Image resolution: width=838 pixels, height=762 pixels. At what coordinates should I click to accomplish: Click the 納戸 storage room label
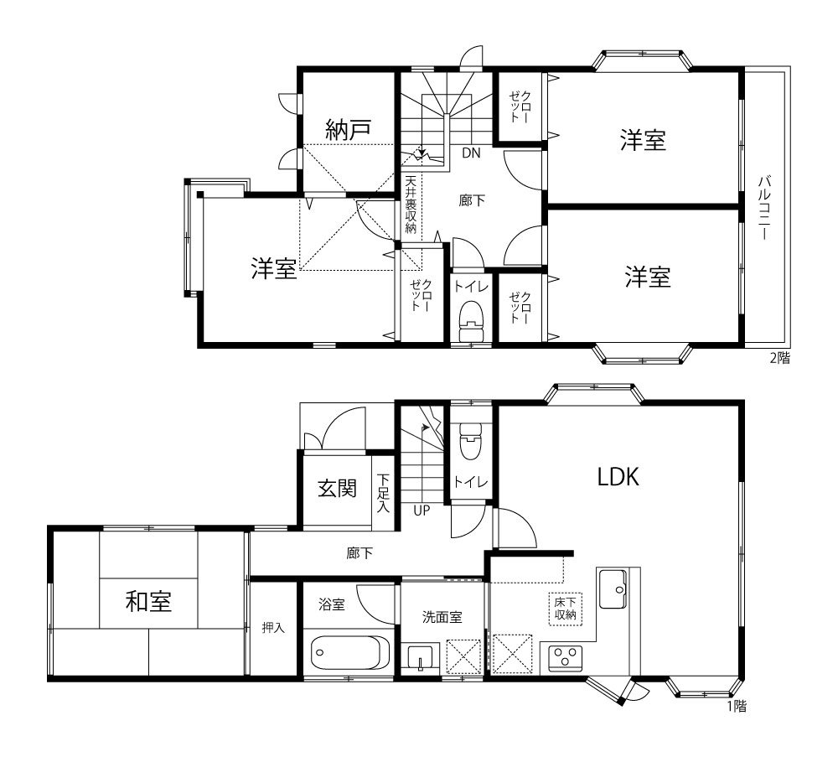[x=348, y=129]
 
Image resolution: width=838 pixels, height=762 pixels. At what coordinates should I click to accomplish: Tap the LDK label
[x=618, y=476]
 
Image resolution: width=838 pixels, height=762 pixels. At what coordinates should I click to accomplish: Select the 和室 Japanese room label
[x=148, y=601]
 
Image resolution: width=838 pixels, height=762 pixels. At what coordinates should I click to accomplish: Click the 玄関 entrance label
[x=337, y=488]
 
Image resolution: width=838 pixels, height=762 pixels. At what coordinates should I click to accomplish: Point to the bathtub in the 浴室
[x=350, y=652]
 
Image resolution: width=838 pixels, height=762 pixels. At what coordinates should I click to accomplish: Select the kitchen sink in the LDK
[x=613, y=588]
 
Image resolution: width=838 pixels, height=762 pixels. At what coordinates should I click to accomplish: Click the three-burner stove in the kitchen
[x=566, y=658]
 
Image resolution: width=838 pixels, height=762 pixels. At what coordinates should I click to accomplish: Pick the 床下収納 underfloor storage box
[x=566, y=609]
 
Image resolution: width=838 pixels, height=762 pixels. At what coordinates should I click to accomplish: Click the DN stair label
[x=471, y=153]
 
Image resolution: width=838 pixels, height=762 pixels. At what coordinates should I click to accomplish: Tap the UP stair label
[x=422, y=511]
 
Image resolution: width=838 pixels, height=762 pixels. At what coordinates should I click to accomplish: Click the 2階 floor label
[x=779, y=358]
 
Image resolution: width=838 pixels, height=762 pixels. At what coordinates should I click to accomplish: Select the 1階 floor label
[x=737, y=706]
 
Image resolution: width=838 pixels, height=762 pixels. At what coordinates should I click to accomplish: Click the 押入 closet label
[x=273, y=627]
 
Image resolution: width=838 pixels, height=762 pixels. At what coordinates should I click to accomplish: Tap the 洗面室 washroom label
[x=442, y=617]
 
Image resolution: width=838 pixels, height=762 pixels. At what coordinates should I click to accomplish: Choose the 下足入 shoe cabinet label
[x=383, y=493]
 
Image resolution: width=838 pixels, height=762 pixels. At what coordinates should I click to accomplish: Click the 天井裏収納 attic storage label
[x=411, y=205]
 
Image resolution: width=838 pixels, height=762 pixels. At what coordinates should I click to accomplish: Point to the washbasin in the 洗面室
[x=420, y=657]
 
